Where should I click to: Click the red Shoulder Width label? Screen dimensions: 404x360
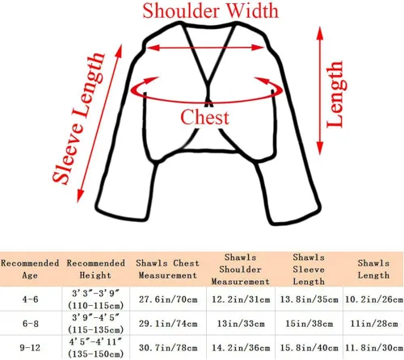coord(210,11)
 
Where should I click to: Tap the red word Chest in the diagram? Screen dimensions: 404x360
coord(204,117)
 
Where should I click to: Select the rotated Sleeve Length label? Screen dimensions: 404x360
coord(78,119)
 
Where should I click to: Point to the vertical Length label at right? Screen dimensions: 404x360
coord(335,94)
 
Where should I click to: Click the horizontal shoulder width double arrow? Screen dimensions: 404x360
coord(205,48)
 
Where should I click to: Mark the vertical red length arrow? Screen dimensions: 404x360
coord(320,90)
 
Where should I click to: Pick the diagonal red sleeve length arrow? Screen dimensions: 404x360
coord(99,123)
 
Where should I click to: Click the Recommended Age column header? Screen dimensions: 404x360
coord(30,269)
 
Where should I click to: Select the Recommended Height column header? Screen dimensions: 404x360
coord(95,269)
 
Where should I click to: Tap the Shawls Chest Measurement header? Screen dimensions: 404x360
coord(167,269)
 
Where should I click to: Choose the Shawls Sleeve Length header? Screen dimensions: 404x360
coord(309,270)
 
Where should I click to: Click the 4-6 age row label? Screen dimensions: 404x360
coord(30,299)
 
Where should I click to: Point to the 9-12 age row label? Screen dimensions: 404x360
coord(29,348)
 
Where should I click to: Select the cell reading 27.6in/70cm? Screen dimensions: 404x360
coord(168,299)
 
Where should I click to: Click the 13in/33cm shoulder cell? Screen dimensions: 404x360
coord(241,324)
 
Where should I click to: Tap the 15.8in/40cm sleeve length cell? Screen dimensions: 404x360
coord(309,348)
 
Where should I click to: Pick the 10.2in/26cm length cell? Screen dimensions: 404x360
coord(374,299)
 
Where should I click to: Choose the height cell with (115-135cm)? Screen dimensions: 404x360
coord(95,324)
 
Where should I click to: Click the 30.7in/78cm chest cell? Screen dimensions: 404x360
coord(168,348)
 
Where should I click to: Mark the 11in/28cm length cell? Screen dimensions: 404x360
coord(374,324)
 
